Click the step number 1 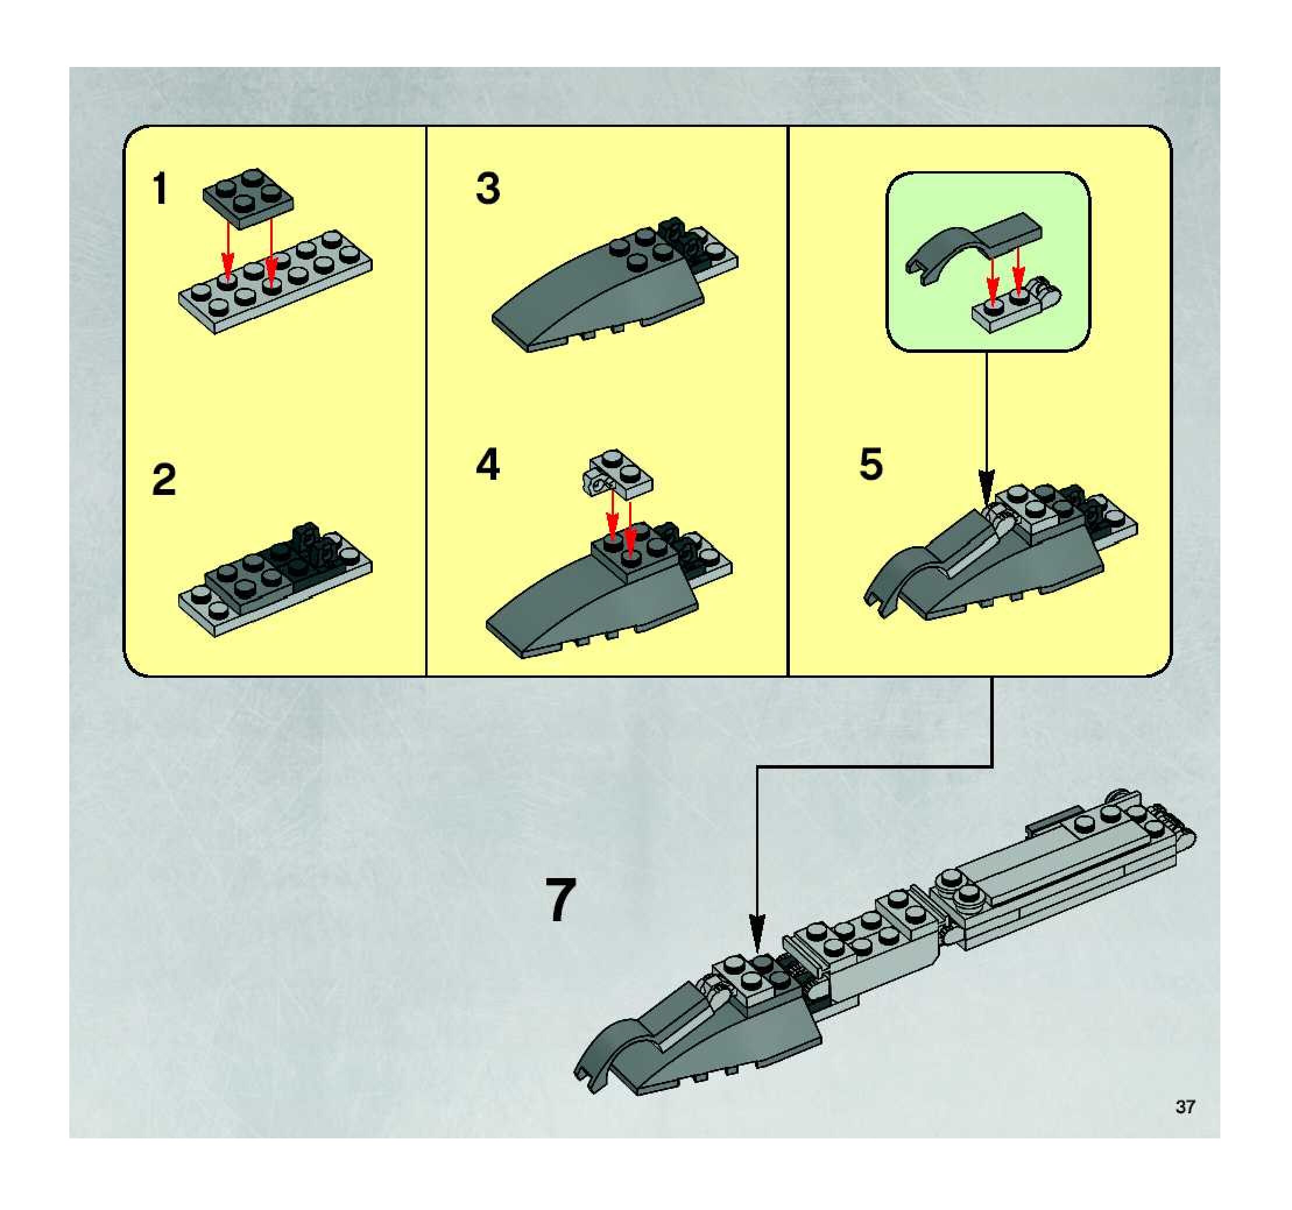click(x=160, y=189)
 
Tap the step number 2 click(x=164, y=480)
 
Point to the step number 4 click(x=488, y=466)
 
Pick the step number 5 click(x=871, y=465)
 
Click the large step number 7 click(x=560, y=900)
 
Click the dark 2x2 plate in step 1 click(x=248, y=198)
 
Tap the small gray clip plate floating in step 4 click(x=617, y=474)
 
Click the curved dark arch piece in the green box click(x=973, y=245)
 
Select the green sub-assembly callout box click(x=989, y=262)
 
